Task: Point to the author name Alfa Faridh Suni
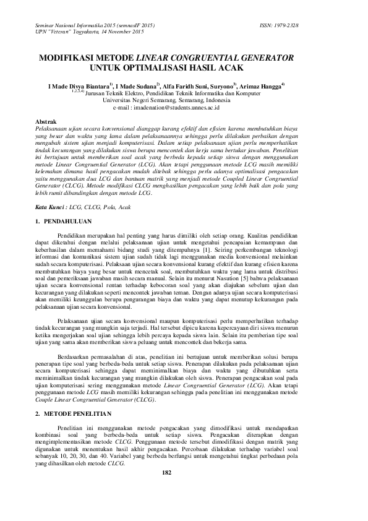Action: click(186, 87)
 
